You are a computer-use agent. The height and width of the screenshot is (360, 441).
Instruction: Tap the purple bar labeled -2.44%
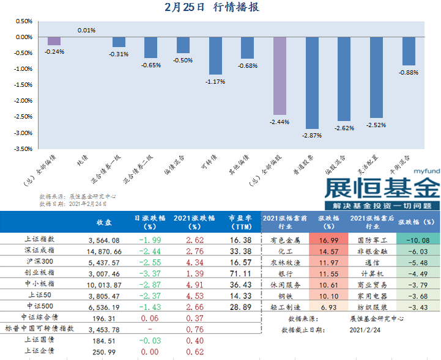[x=280, y=76]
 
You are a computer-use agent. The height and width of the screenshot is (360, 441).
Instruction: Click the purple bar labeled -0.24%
[x=54, y=41]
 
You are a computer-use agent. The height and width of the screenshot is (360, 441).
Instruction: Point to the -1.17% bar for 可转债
[x=215, y=56]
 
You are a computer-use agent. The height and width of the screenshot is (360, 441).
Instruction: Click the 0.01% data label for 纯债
[x=86, y=30]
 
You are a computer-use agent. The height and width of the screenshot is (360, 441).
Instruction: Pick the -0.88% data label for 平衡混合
[x=408, y=73]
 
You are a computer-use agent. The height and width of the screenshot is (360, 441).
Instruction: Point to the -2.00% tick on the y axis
[x=23, y=101]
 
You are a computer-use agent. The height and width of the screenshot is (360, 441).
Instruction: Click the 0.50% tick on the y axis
[x=23, y=21]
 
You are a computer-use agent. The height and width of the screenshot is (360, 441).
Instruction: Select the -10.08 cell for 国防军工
[x=418, y=240]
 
